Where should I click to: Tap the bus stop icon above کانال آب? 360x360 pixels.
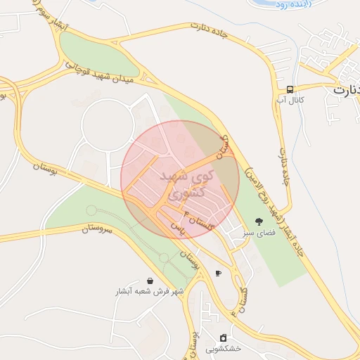[x=290, y=89]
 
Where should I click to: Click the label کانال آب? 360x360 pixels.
[x=290, y=101]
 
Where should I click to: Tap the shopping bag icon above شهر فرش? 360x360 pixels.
[x=150, y=280]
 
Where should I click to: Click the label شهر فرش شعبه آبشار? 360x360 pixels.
[x=150, y=291]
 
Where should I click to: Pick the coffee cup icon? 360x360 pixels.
[x=218, y=273]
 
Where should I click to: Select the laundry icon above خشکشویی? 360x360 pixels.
[x=224, y=337]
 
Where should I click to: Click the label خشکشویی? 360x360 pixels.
[x=224, y=349]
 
